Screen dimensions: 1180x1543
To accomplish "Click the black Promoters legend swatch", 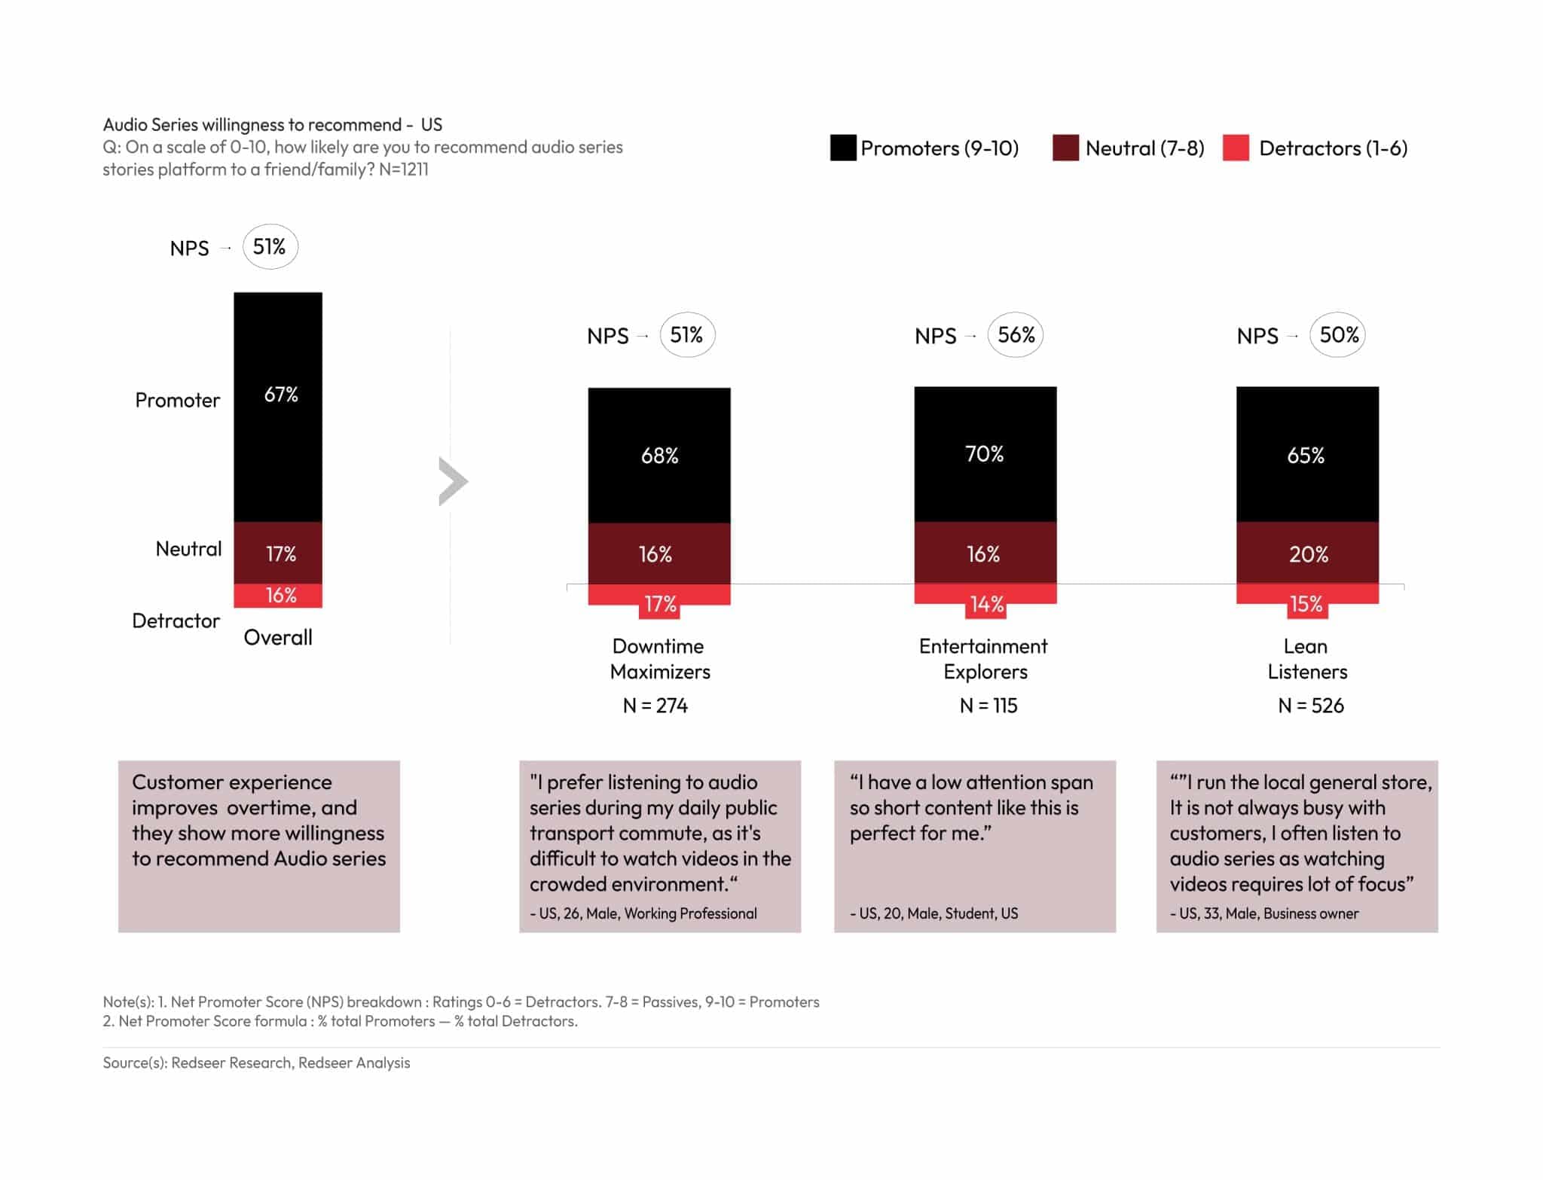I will [842, 148].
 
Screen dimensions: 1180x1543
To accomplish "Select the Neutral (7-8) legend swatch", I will [1065, 148].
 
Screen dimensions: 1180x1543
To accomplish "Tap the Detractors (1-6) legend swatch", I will [1236, 148].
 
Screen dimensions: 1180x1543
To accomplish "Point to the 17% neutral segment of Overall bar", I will [278, 553].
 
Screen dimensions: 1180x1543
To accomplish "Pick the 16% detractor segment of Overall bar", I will [278, 596].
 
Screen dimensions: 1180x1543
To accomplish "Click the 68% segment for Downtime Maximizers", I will [659, 456].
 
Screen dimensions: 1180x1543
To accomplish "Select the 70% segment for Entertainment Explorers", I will [985, 454].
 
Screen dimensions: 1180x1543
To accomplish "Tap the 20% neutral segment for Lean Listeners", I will [1307, 553].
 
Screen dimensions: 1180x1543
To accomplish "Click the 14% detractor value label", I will [986, 604].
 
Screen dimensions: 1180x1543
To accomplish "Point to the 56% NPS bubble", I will [1016, 335].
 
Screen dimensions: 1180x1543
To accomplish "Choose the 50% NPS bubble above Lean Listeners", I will [1338, 335].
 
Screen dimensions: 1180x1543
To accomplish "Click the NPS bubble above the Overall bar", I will [270, 247].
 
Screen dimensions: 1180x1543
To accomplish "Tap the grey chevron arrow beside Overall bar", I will [453, 481].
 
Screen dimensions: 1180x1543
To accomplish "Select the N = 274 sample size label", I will [655, 706].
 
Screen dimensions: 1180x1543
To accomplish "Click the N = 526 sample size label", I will [1311, 706].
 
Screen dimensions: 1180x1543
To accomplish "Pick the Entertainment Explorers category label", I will [984, 659].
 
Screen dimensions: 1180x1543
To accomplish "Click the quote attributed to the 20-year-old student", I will [970, 808].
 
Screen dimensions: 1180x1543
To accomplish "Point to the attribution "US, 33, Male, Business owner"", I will [1265, 913].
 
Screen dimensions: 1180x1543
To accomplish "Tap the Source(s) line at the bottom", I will [256, 1063].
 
